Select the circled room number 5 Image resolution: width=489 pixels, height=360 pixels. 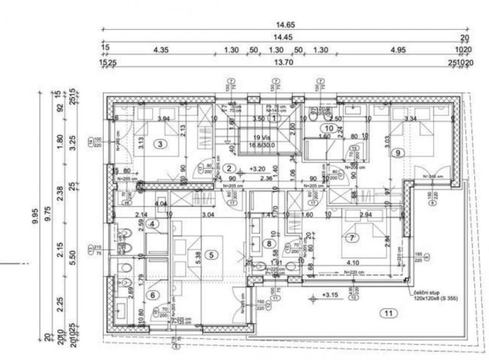coord(210,254)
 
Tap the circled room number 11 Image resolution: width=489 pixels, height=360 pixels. coord(389,314)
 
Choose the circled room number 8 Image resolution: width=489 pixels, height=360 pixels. coord(269,243)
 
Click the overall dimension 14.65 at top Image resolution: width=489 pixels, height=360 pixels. coord(285,24)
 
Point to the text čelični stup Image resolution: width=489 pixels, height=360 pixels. coord(424,294)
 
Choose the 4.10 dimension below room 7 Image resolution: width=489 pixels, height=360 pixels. coord(354,263)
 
